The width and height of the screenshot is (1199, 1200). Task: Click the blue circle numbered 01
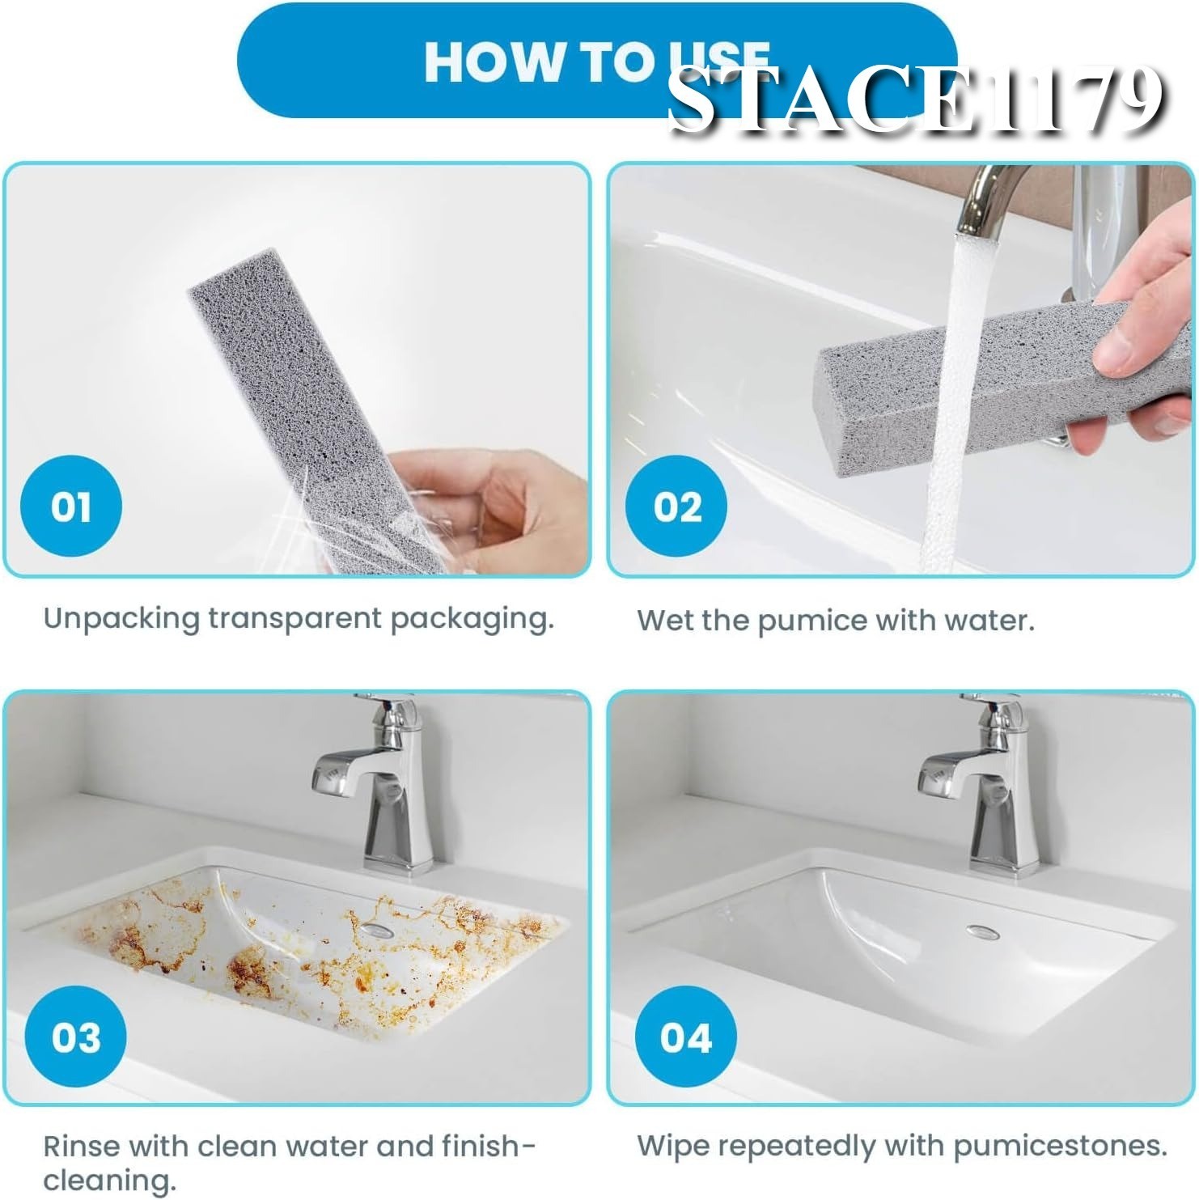pyautogui.click(x=71, y=507)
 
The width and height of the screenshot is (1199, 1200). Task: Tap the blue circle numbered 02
pyautogui.click(x=677, y=507)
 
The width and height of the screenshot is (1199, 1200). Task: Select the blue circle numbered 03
pyautogui.click(x=75, y=1037)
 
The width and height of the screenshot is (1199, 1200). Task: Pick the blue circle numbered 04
pyautogui.click(x=685, y=1037)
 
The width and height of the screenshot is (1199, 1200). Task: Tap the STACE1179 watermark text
pyautogui.click(x=915, y=100)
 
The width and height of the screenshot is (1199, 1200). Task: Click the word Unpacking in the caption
pyautogui.click(x=121, y=619)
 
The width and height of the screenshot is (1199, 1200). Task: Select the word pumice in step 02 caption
pyautogui.click(x=801, y=621)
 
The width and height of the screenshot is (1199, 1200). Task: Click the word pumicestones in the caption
pyautogui.click(x=1059, y=1147)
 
